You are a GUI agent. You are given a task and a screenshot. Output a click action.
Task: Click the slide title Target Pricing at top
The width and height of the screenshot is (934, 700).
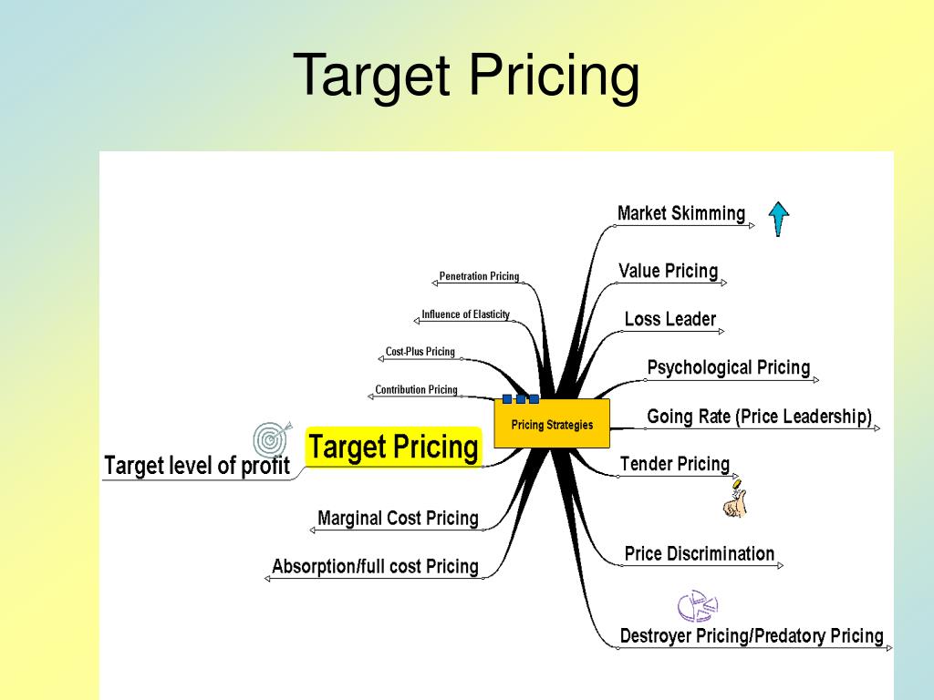[x=466, y=76]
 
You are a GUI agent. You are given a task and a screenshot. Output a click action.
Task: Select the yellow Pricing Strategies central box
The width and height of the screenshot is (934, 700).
[x=552, y=424]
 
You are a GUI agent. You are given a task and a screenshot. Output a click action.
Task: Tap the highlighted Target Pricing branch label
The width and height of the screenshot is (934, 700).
[x=393, y=447]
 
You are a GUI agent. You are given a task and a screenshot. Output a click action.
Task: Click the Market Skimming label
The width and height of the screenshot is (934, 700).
[x=680, y=213]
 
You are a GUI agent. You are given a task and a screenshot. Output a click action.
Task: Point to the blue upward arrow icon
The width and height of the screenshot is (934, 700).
[x=778, y=219]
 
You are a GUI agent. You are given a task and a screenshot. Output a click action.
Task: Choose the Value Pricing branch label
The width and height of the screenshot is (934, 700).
[x=668, y=271]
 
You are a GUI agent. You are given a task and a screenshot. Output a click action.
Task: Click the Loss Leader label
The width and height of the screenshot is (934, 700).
[x=670, y=319]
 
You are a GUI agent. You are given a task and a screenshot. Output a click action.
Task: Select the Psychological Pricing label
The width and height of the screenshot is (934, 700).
[x=728, y=367]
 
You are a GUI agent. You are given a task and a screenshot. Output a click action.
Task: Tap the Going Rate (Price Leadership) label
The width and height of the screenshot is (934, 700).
[x=759, y=417]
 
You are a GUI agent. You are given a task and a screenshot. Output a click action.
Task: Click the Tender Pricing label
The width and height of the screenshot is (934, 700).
[x=675, y=464]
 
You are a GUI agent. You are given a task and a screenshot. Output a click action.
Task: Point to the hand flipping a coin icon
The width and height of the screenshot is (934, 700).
[x=734, y=499]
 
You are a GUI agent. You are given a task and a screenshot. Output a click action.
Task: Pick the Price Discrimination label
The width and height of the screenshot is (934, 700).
[x=699, y=553]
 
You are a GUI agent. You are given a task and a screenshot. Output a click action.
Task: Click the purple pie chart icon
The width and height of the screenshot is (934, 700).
[x=697, y=604]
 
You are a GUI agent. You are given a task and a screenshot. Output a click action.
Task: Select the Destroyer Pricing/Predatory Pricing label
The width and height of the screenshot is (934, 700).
[x=752, y=635]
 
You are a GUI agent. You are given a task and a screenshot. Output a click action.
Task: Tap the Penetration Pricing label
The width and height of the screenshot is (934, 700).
[x=479, y=276]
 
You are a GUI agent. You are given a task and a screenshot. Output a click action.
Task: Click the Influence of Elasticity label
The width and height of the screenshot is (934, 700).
[x=465, y=314]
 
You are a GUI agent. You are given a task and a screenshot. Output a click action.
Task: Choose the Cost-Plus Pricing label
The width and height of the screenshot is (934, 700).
[x=420, y=352]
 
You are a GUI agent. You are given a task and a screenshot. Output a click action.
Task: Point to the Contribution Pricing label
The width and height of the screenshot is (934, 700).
[x=416, y=390]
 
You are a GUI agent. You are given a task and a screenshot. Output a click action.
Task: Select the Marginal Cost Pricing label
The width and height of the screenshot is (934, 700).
[x=398, y=518]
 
